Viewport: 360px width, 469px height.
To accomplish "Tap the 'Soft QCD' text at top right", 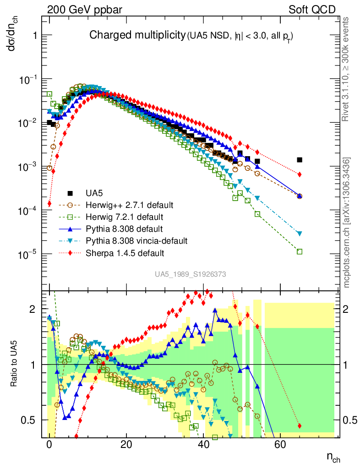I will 311,9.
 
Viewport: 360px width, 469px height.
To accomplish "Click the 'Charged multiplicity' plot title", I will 137,35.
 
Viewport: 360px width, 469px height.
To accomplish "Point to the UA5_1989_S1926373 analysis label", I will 190,274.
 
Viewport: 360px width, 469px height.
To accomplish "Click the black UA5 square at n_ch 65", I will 300,160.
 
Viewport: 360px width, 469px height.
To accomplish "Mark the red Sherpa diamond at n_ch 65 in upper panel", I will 300,175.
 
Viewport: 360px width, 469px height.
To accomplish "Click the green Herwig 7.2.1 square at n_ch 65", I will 300,251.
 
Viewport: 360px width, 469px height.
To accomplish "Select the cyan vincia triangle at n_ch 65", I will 300,234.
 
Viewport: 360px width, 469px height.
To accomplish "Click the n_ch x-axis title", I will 333,457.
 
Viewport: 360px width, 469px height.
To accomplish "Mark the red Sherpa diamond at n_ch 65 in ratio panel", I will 300,426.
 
